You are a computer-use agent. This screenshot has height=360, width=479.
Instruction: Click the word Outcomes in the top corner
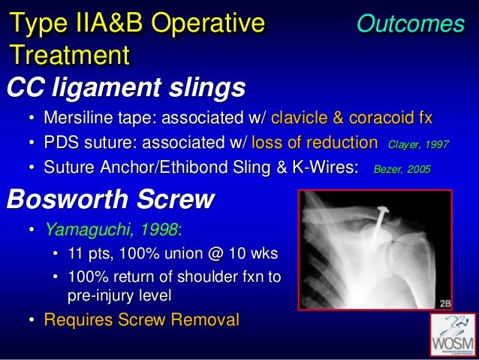pyautogui.click(x=410, y=24)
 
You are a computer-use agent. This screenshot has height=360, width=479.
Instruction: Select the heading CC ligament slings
pyautogui.click(x=125, y=89)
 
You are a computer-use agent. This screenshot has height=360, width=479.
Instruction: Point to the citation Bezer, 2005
pyautogui.click(x=402, y=170)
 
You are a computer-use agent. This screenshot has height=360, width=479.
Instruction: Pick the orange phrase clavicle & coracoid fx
pyautogui.click(x=351, y=118)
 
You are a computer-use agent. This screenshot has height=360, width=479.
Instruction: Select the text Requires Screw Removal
pyautogui.click(x=141, y=320)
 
